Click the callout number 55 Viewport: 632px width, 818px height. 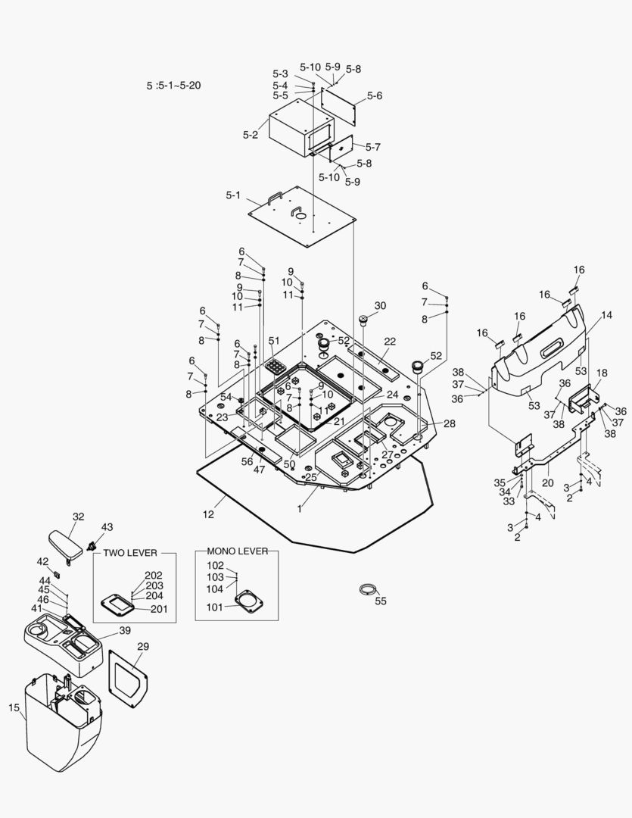tap(380, 601)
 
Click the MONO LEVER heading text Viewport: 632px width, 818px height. tap(237, 551)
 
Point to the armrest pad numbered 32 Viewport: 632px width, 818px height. tap(65, 544)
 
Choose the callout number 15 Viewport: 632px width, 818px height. tap(14, 707)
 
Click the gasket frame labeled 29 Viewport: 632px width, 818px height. tap(128, 673)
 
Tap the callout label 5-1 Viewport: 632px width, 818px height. tap(233, 195)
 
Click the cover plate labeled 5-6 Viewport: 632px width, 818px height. tap(339, 104)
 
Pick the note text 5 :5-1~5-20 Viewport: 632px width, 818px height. tap(173, 86)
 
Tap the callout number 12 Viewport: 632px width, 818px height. tap(208, 514)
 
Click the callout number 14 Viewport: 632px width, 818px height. tap(606, 314)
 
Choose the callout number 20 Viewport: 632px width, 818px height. tap(547, 482)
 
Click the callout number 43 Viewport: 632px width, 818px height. tap(107, 527)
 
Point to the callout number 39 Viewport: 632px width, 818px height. tap(124, 631)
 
